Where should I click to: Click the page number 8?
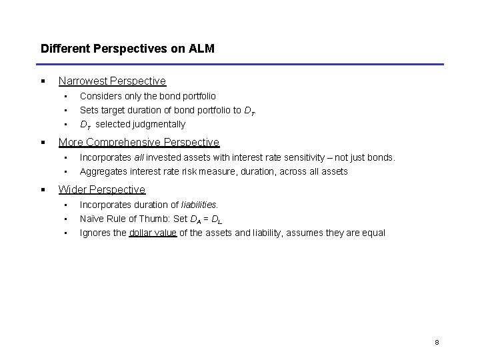coord(437,343)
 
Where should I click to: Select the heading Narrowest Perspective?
coord(112,81)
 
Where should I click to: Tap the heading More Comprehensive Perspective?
coord(139,142)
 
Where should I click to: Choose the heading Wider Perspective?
coord(102,190)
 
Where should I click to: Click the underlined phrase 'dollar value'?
coord(153,233)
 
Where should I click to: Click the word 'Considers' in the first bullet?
coord(99,97)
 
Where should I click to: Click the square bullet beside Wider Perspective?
coord(42,190)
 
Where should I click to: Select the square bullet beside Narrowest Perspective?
coord(42,81)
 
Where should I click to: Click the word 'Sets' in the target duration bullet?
coord(89,110)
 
